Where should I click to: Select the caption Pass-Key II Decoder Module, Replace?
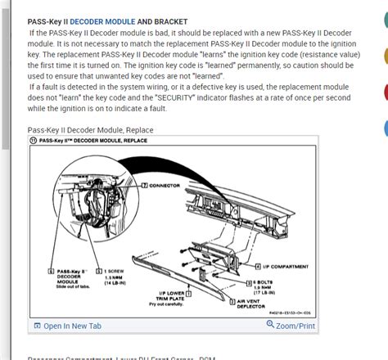(x=90, y=130)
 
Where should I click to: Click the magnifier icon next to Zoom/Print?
(x=271, y=326)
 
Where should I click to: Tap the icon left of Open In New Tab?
(x=37, y=326)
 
